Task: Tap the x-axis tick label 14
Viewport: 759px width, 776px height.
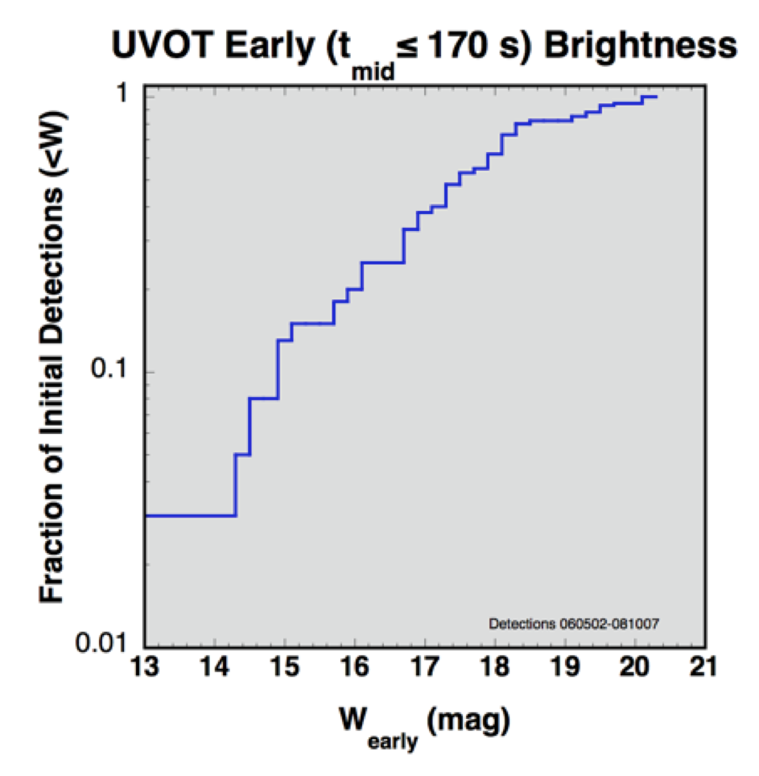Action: [x=215, y=667]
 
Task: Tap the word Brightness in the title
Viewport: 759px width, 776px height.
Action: [x=642, y=45]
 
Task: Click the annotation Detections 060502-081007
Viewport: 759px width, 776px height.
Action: [x=575, y=623]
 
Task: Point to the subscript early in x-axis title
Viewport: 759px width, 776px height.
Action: [x=392, y=739]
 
